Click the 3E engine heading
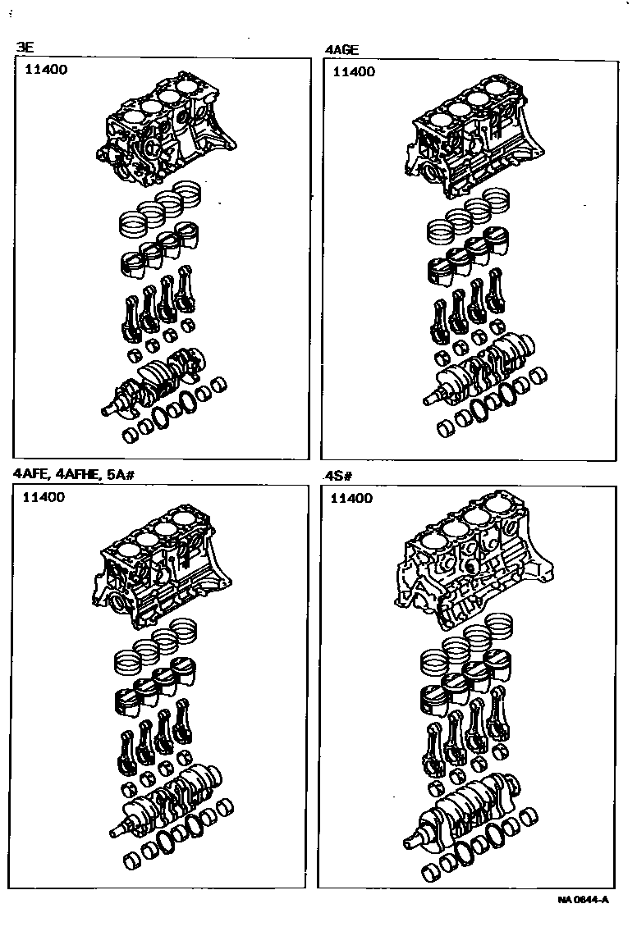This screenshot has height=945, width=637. coord(25,48)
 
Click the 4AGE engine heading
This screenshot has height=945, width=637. coord(342,50)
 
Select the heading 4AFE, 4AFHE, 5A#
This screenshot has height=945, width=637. coord(74,474)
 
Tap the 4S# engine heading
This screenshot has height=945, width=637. coord(338,476)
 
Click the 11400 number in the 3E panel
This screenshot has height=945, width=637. coord(46,69)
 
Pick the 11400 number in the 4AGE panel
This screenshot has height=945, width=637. coord(354,71)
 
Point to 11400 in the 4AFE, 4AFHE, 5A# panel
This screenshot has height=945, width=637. coord(44,497)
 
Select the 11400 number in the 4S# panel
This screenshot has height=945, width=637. coord(351,499)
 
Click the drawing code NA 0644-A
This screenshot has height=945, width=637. coord(584,900)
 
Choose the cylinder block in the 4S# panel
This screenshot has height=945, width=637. coord(474,564)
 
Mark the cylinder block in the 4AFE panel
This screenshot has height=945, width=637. coord(162,567)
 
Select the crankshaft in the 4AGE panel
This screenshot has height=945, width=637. coord(479,369)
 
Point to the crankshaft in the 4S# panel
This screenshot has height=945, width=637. coord(461,805)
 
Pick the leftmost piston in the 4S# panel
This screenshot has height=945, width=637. coord(433,702)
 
